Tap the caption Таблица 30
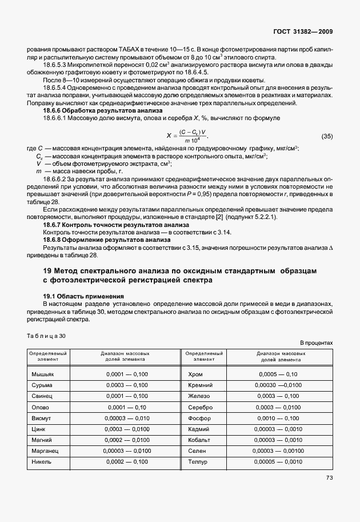pos(46,336)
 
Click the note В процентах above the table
pos(316,343)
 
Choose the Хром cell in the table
pos(196,374)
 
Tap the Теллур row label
pos(199,461)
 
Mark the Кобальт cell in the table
pos(200,440)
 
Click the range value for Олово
pos(126,407)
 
